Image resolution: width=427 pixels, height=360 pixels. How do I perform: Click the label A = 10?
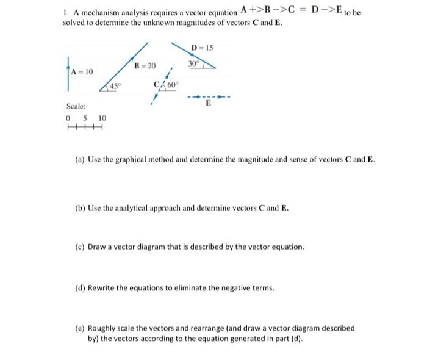(82, 72)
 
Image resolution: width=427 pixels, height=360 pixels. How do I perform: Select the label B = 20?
(145, 65)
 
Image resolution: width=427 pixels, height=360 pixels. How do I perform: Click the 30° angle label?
(194, 63)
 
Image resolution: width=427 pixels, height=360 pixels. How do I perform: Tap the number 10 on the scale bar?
(102, 118)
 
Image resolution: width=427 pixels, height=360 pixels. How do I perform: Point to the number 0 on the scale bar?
(68, 118)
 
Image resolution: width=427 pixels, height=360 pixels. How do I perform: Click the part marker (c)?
(79, 247)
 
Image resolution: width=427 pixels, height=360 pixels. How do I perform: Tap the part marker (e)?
(79, 328)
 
